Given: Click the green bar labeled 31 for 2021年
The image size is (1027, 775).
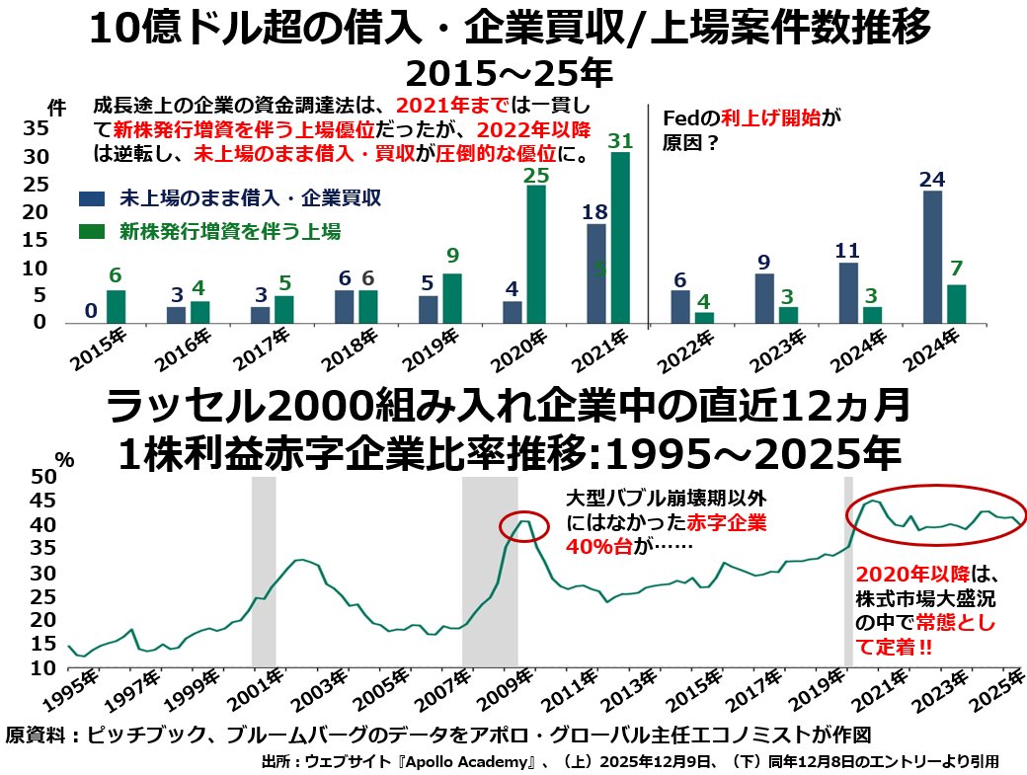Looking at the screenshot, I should tap(619, 237).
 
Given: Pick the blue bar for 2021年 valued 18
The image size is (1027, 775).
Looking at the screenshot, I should tap(595, 272).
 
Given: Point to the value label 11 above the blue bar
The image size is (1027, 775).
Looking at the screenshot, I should tap(847, 250).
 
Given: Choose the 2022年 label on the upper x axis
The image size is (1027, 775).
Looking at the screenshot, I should tap(686, 349).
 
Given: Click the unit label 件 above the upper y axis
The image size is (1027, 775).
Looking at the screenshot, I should tap(56, 107).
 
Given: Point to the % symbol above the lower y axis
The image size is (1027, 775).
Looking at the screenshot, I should tap(64, 458).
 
